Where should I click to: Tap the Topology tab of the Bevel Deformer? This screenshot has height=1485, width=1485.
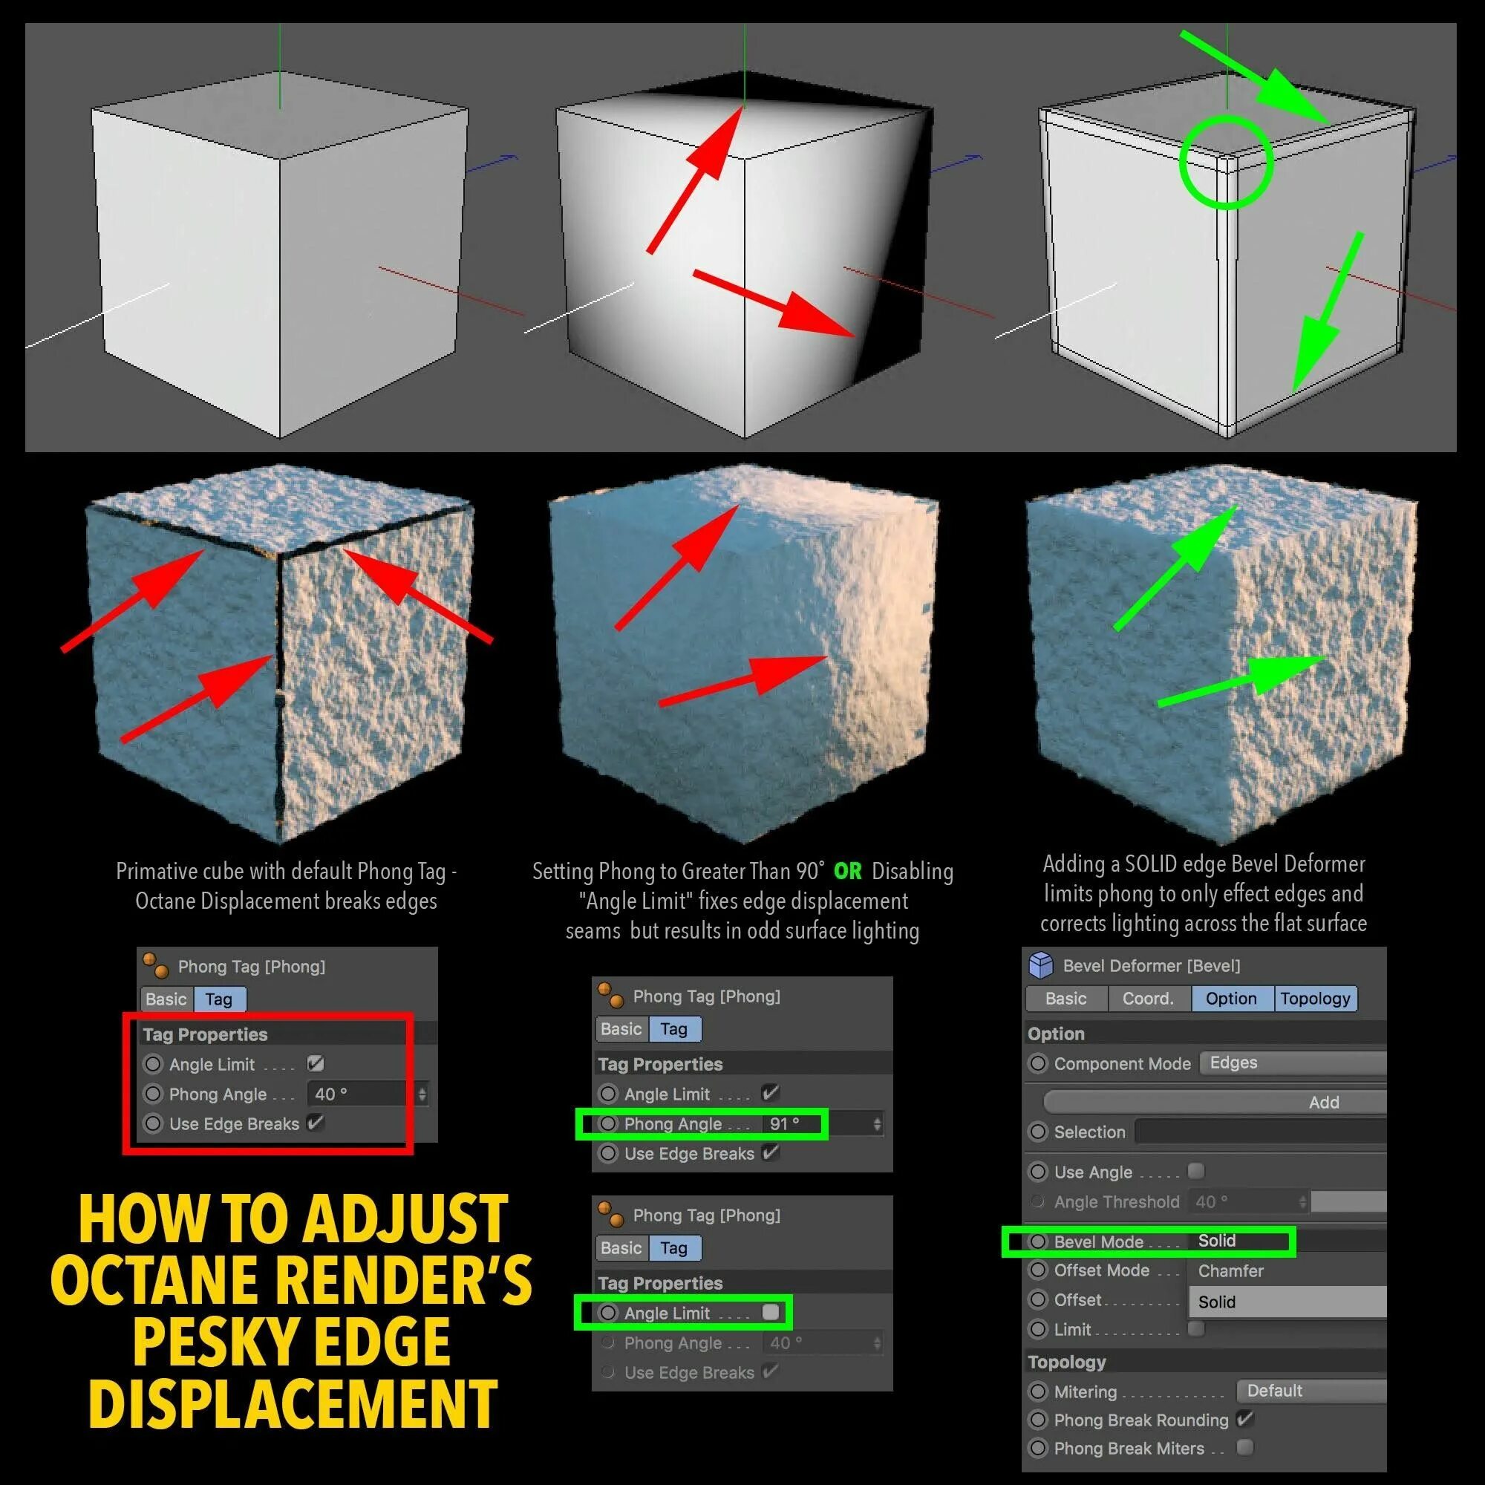[1315, 999]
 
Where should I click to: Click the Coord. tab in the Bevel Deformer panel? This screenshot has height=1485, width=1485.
[1149, 999]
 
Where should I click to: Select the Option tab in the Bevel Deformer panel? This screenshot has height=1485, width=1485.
[1230, 999]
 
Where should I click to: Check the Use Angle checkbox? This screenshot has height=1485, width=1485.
[1196, 1172]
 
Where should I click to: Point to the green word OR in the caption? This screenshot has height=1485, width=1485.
[848, 872]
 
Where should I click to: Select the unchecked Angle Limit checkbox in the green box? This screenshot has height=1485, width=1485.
[770, 1312]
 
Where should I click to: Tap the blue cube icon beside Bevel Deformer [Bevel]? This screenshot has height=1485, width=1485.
[1041, 965]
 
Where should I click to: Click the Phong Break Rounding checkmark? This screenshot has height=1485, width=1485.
[1245, 1419]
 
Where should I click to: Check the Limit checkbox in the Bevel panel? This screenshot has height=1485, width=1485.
[1196, 1328]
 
